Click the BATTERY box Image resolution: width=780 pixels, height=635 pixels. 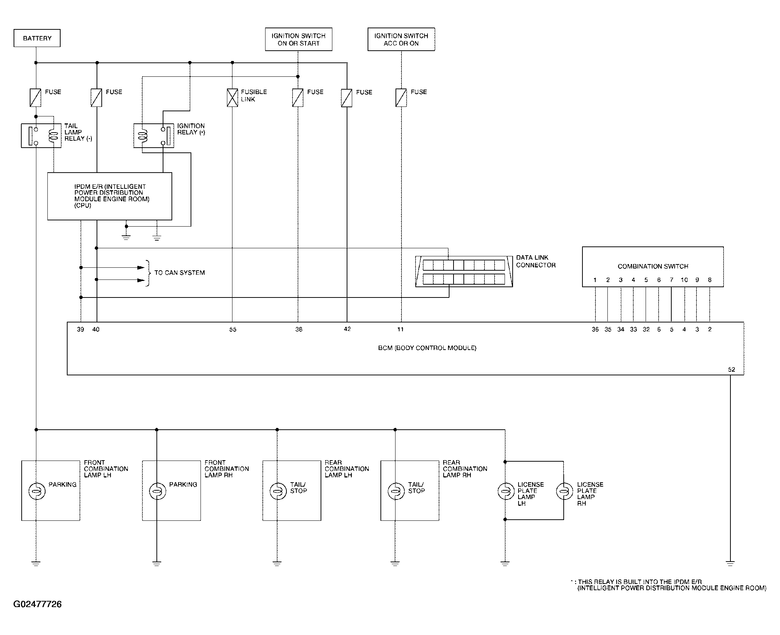coord(37,38)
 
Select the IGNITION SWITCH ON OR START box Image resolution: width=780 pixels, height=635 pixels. coord(299,39)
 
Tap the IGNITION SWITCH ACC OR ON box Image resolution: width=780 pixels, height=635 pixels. coord(401,39)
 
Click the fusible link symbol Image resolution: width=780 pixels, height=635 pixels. coord(232,98)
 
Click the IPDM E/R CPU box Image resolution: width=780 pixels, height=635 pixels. coord(110,196)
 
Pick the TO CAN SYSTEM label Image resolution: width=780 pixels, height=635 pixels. coord(180,273)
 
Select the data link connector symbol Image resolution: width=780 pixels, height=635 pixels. coord(464,271)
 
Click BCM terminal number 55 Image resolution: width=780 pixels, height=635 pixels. coord(233,329)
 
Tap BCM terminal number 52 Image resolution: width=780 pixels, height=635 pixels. coord(732,369)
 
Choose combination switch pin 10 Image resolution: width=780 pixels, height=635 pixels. coord(684,280)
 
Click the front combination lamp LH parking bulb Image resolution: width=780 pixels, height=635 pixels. coord(37,491)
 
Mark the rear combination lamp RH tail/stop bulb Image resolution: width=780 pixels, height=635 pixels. coord(396,491)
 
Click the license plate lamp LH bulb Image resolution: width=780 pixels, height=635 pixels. coord(506,491)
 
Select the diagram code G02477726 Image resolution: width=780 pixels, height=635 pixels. coord(37,604)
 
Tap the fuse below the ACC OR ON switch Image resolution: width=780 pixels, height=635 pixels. coord(401,98)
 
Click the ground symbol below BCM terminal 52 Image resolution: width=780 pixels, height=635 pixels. coord(730,563)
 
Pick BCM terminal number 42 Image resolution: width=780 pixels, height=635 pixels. coord(347,329)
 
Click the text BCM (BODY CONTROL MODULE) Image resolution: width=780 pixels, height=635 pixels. coord(427,348)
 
